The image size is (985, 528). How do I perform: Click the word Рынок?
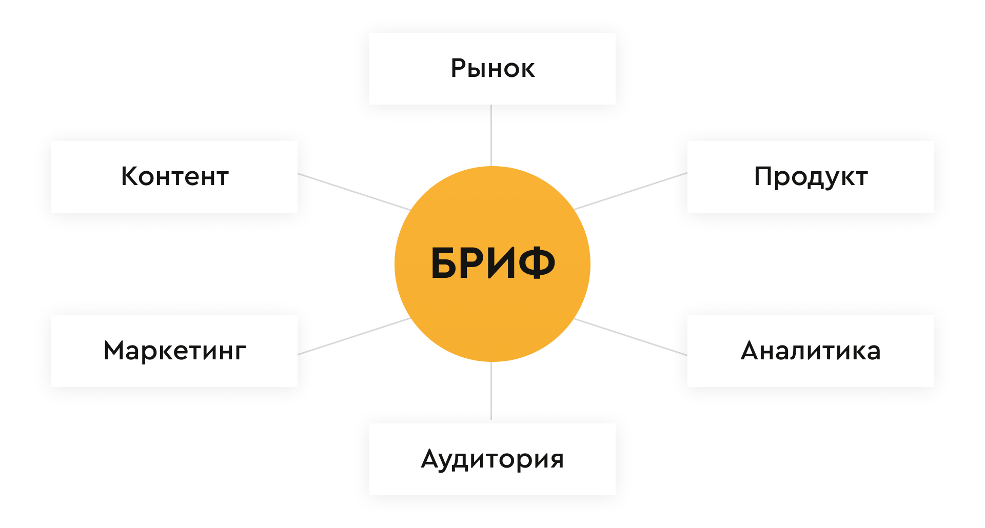point(493,69)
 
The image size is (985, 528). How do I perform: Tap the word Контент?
point(174,177)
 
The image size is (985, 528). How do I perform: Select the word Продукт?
point(811,177)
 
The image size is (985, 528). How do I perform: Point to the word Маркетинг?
point(174,351)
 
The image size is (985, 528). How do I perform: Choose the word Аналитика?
point(811,351)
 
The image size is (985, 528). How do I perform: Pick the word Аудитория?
point(493,459)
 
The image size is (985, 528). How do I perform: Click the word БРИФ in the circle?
point(493,263)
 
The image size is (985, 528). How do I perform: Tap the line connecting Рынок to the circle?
point(491,135)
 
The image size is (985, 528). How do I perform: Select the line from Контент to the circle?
point(354,192)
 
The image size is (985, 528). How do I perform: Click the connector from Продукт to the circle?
point(631,191)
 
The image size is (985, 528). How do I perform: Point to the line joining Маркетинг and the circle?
point(354,336)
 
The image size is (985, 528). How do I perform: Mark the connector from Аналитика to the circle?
point(631,337)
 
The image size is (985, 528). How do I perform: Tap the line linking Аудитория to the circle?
point(491,391)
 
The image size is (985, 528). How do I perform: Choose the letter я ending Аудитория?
point(556,459)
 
